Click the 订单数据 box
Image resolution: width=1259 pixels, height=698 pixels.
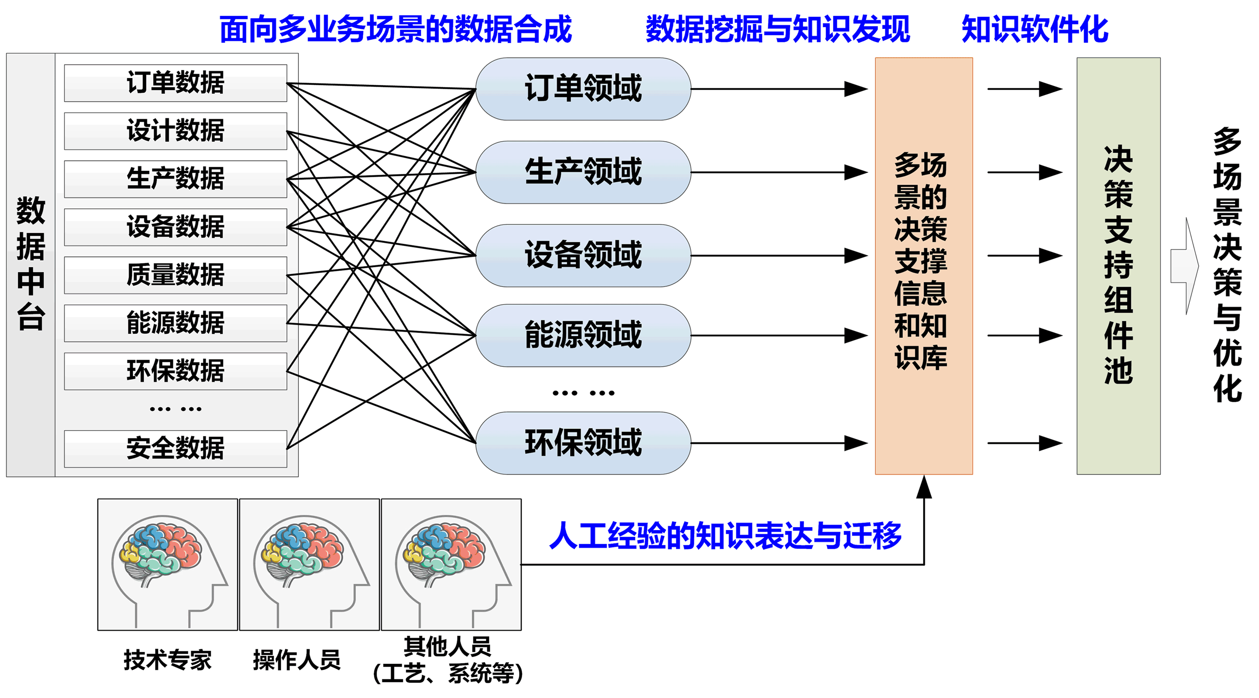[x=175, y=83]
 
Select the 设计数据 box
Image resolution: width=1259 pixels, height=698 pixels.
[x=175, y=131]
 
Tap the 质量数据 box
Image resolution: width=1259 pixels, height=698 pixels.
[x=175, y=275]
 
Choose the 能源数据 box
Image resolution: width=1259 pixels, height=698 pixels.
[x=175, y=323]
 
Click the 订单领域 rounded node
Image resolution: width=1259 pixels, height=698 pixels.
[x=583, y=89]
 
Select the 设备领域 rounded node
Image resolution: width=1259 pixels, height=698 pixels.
[x=583, y=256]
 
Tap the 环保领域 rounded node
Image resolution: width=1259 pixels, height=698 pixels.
[x=583, y=443]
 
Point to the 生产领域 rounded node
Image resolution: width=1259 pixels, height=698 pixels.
[x=583, y=172]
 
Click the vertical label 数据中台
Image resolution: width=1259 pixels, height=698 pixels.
[x=30, y=264]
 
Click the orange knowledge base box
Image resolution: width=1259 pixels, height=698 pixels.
[x=923, y=266]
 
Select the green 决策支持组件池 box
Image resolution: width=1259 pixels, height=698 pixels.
[x=1118, y=266]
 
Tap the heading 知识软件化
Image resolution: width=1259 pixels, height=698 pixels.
[x=1034, y=29]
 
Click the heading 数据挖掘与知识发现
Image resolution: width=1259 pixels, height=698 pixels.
[x=777, y=29]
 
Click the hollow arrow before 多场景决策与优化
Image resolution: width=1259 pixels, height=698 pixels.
[x=1184, y=266]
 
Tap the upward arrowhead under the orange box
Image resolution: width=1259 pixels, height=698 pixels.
[x=923, y=486]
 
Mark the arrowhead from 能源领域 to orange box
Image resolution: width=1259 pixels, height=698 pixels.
[x=856, y=336]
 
